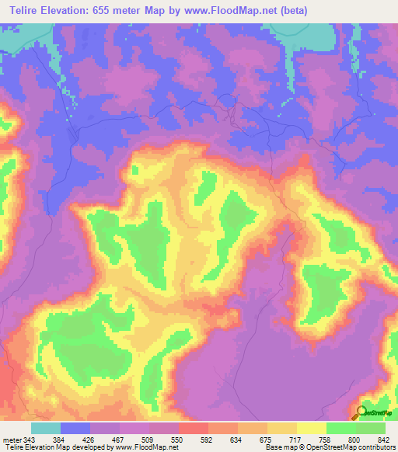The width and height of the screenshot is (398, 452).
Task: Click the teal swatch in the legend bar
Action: (x=46, y=429)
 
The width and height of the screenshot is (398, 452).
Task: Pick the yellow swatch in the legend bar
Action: (x=312, y=429)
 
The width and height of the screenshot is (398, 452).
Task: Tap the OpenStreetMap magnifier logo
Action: (x=363, y=412)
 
